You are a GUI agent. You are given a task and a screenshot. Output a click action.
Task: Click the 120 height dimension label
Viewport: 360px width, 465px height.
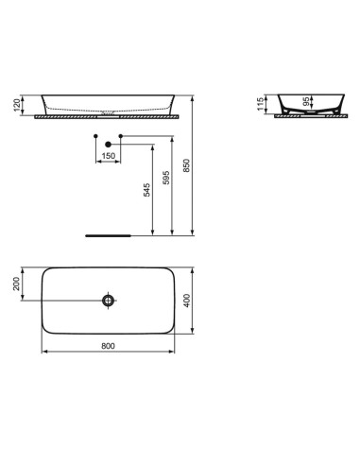tap(17, 104)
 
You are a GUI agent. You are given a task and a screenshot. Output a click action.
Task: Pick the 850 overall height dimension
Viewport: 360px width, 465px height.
tap(187, 164)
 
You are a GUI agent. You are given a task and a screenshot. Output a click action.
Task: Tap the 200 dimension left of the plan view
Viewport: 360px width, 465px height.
tap(17, 285)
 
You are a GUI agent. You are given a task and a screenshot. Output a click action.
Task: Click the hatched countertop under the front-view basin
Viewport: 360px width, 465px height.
tap(109, 117)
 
